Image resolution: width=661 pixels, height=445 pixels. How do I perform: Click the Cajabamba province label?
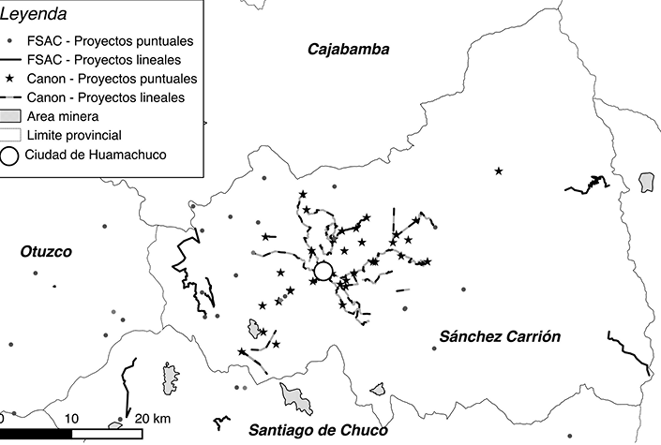pos(348,49)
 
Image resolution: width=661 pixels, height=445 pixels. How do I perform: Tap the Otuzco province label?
pos(46,251)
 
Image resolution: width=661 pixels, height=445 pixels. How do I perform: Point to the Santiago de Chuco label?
pos(316,430)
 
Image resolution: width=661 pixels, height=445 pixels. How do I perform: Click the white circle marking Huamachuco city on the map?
pos(323,271)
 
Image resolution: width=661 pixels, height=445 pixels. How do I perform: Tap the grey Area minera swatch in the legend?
pos(12,116)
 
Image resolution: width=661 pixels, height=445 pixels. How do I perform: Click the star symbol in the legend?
pos(11,79)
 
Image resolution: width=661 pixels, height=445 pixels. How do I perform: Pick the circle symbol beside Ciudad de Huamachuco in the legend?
pos(12,155)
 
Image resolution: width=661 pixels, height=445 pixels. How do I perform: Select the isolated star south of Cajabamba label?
pos(499,171)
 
